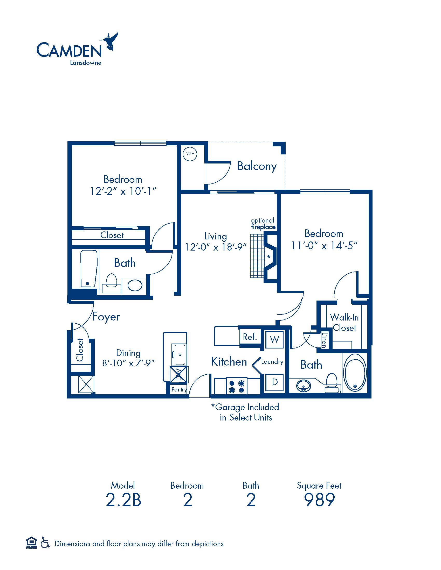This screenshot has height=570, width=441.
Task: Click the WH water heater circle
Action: point(190,154)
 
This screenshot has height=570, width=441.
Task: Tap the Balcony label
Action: point(257,166)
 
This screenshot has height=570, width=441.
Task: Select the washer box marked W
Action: point(274,339)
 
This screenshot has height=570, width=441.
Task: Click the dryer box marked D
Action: point(274,382)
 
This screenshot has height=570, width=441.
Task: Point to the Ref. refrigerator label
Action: point(250,337)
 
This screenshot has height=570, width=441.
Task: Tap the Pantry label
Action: point(179,390)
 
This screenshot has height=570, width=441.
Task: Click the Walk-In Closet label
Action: point(344,322)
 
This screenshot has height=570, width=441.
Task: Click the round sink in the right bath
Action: point(304,385)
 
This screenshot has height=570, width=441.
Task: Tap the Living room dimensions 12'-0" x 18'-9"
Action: point(216,247)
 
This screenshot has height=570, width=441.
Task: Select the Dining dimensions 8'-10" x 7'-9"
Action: point(128,363)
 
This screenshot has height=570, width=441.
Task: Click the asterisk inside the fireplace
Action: point(268,257)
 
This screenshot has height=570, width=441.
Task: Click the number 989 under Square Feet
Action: point(319,500)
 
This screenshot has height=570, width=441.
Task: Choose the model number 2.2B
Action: point(123,500)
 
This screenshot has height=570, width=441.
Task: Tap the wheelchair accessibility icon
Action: point(45,543)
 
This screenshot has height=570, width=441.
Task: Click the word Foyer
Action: point(106,317)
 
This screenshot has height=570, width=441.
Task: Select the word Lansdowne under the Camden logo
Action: point(85,63)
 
